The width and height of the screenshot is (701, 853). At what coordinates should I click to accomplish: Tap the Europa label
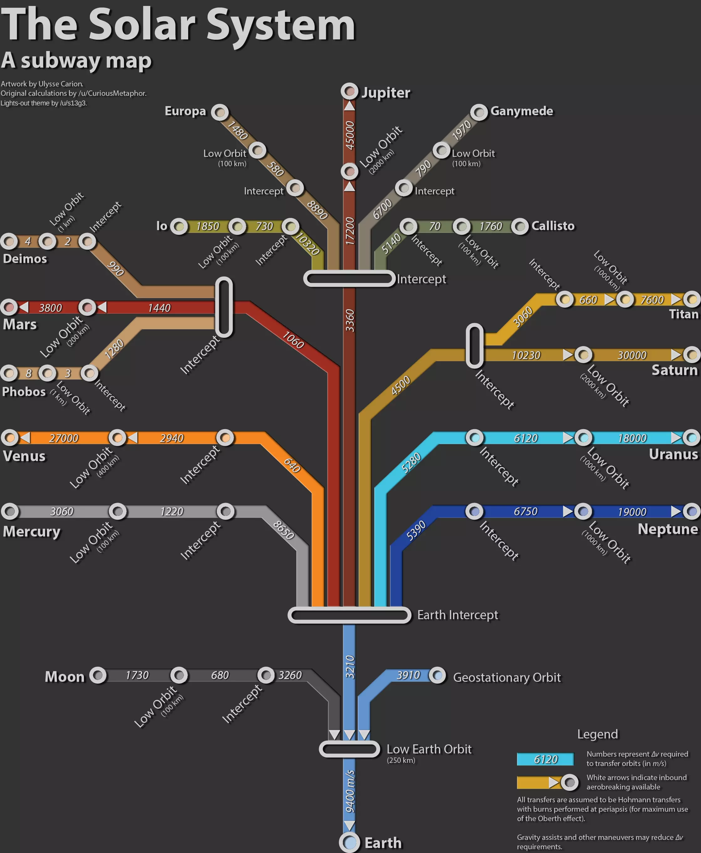click(x=185, y=111)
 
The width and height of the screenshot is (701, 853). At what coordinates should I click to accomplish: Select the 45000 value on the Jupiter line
click(x=350, y=135)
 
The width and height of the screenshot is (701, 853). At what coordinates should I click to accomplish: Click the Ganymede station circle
click(x=479, y=112)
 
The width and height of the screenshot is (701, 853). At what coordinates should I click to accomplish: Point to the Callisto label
click(x=553, y=226)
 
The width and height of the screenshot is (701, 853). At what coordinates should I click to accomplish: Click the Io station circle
click(x=179, y=226)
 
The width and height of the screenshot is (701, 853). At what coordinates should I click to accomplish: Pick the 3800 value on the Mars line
click(x=50, y=308)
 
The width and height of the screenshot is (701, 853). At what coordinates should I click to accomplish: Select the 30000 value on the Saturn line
click(x=632, y=355)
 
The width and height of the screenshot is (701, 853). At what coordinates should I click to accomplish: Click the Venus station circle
click(x=10, y=438)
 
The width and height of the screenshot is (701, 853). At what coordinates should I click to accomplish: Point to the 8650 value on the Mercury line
click(x=283, y=530)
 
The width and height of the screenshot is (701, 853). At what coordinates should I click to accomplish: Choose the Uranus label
click(x=673, y=454)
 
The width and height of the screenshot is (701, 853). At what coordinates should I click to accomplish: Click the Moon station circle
click(x=98, y=675)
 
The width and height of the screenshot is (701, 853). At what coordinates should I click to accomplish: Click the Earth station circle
click(x=349, y=842)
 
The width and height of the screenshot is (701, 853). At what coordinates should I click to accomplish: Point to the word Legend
click(x=598, y=734)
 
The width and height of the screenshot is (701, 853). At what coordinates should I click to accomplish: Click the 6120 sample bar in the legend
click(x=545, y=759)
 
